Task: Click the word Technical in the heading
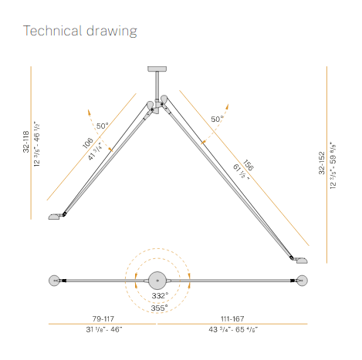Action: click(52, 31)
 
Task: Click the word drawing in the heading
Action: click(112, 32)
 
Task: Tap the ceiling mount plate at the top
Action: click(157, 69)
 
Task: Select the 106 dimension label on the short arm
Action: click(87, 143)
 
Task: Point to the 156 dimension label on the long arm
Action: click(249, 165)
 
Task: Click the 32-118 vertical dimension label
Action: click(26, 142)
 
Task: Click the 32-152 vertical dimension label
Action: click(322, 163)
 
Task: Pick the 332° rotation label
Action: click(160, 295)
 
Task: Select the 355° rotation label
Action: click(159, 308)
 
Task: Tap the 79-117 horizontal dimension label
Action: click(103, 318)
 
